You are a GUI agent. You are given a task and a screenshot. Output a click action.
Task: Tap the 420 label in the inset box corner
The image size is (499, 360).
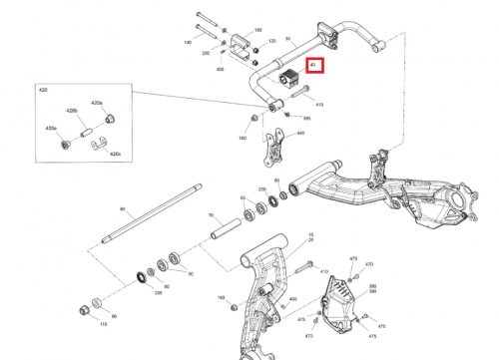coord(43,90)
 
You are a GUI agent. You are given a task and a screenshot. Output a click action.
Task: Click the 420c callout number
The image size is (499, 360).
coord(115,155)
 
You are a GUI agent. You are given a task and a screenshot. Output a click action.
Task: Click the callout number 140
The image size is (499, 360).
coord(188,43)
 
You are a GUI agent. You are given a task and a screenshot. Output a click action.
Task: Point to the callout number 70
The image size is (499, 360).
coord(210,215)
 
